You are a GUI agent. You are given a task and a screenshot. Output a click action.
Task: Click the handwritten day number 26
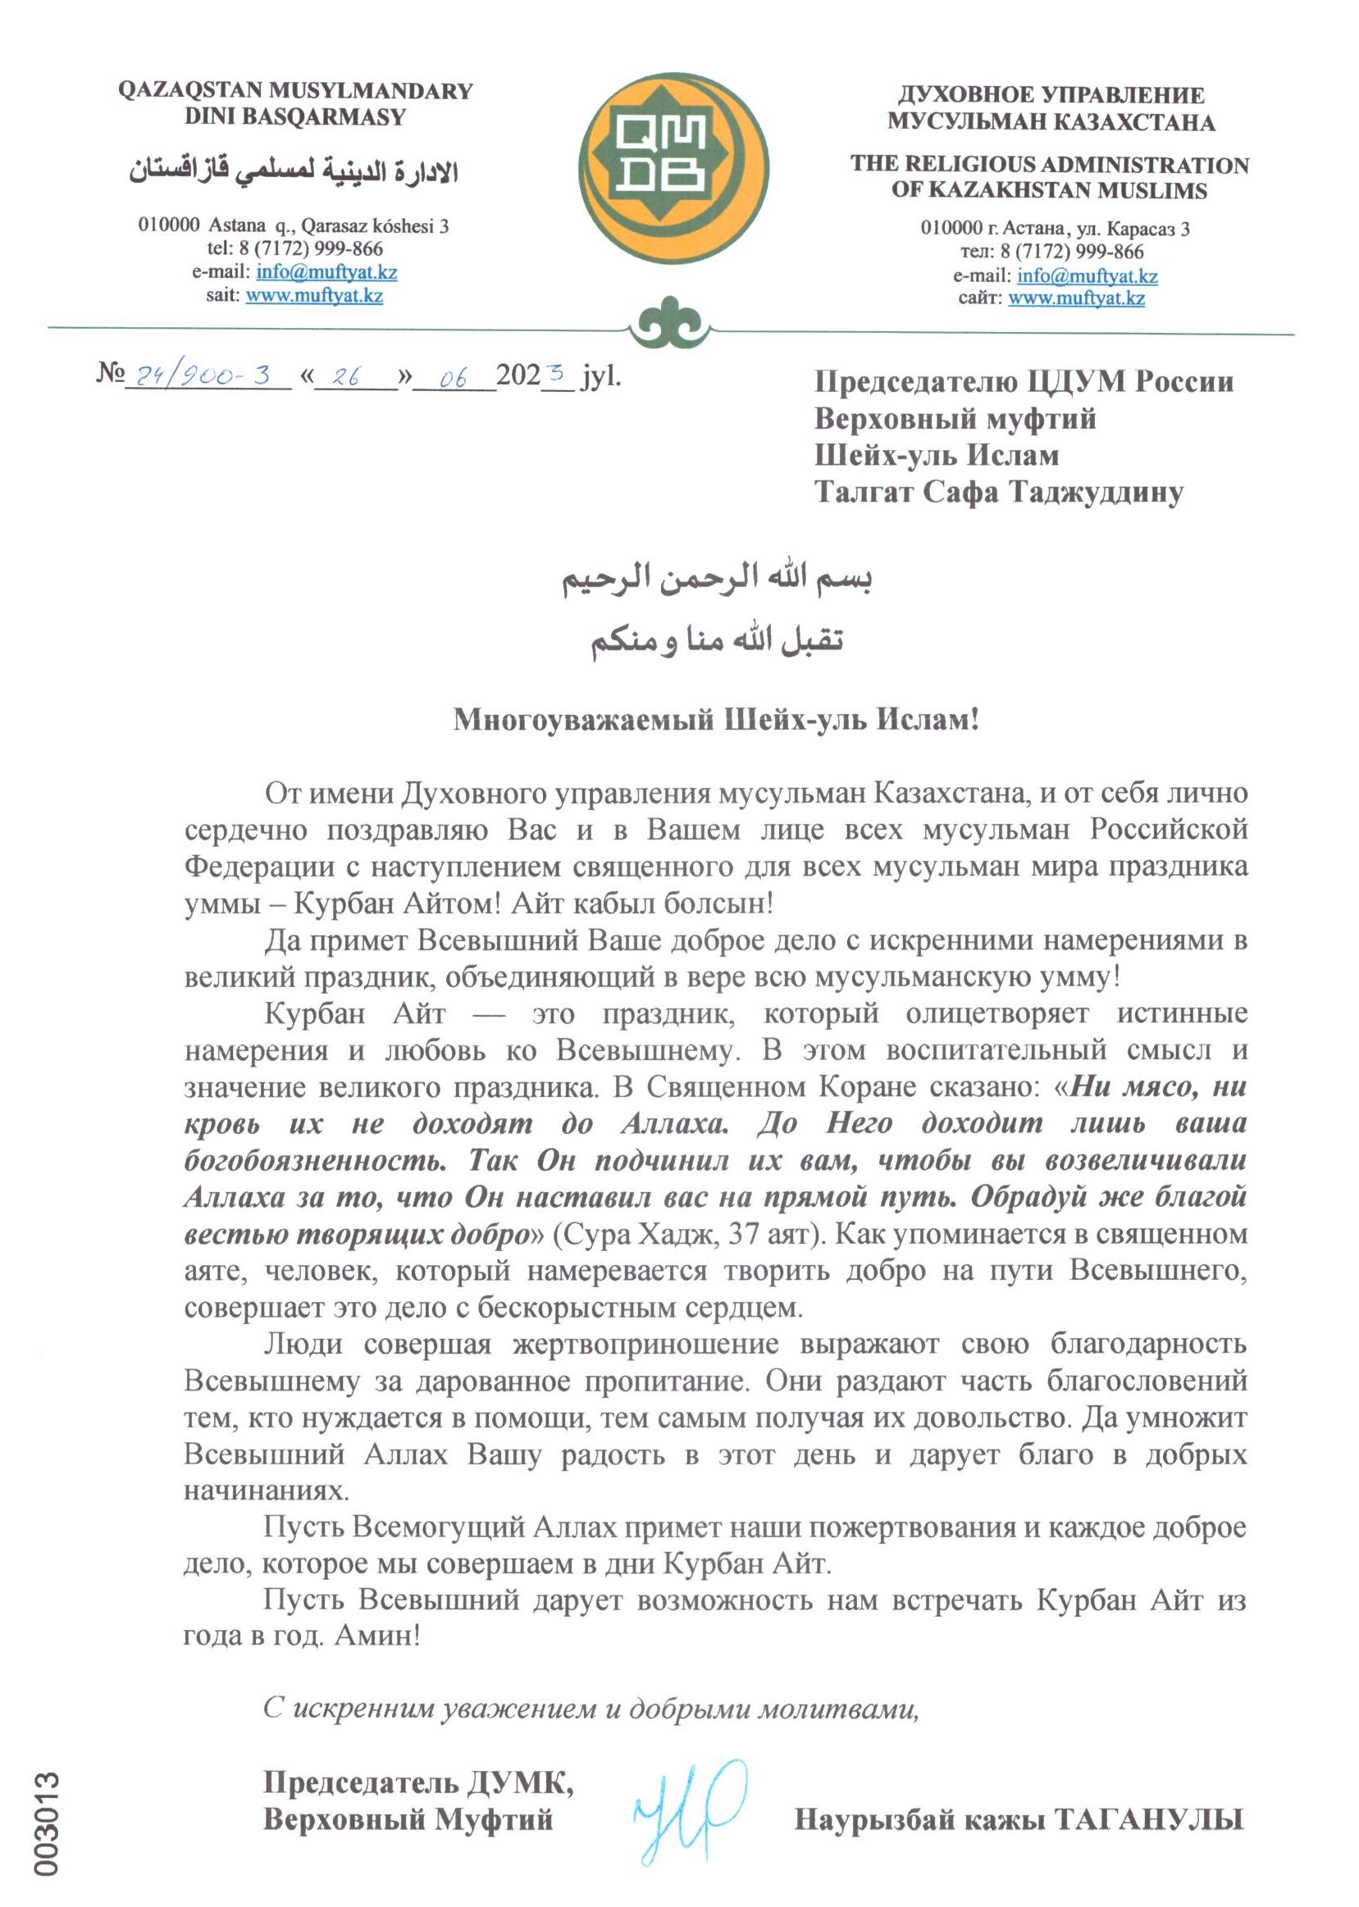345,377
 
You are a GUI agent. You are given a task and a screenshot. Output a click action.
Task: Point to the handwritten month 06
453,378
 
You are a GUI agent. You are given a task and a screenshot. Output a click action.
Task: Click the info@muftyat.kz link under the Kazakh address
326,272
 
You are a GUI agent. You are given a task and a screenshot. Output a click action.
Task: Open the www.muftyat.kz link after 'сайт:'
1076,298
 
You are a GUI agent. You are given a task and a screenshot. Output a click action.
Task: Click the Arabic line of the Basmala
717,580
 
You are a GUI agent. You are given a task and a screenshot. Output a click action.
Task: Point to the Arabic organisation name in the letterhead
293,171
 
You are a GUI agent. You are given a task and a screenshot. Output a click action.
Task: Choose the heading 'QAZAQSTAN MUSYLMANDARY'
295,90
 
